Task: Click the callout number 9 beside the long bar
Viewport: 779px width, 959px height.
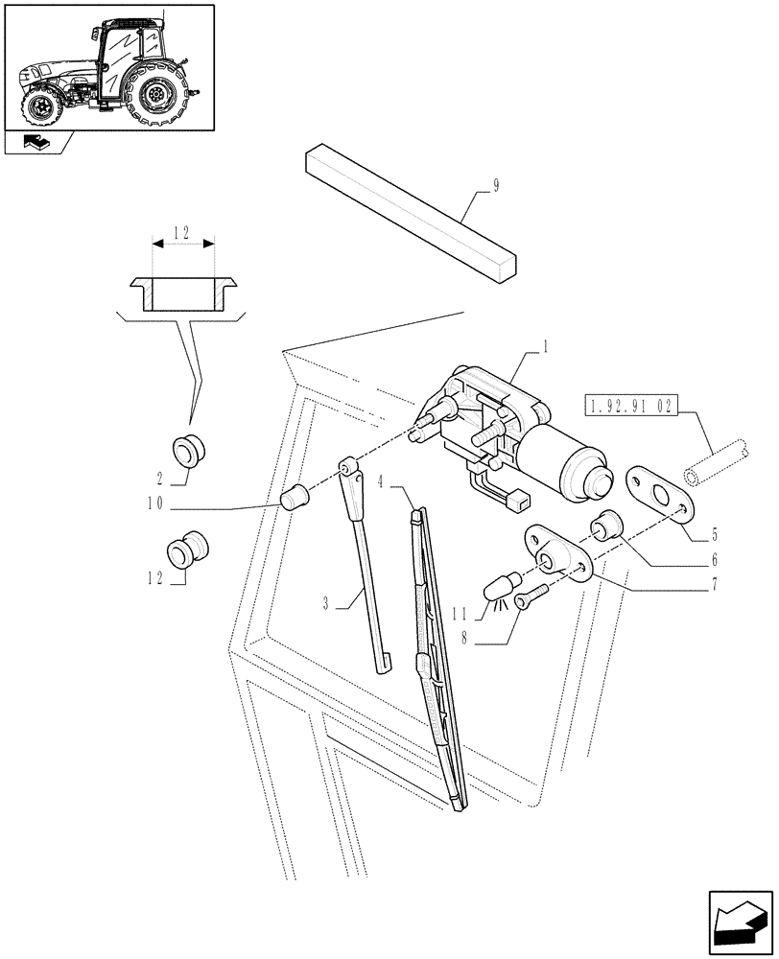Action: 496,188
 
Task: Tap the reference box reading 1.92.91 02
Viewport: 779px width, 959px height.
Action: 628,406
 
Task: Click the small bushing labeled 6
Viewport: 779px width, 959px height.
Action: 607,526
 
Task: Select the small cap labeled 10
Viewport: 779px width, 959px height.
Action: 295,497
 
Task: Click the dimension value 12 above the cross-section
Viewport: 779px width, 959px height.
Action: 182,233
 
